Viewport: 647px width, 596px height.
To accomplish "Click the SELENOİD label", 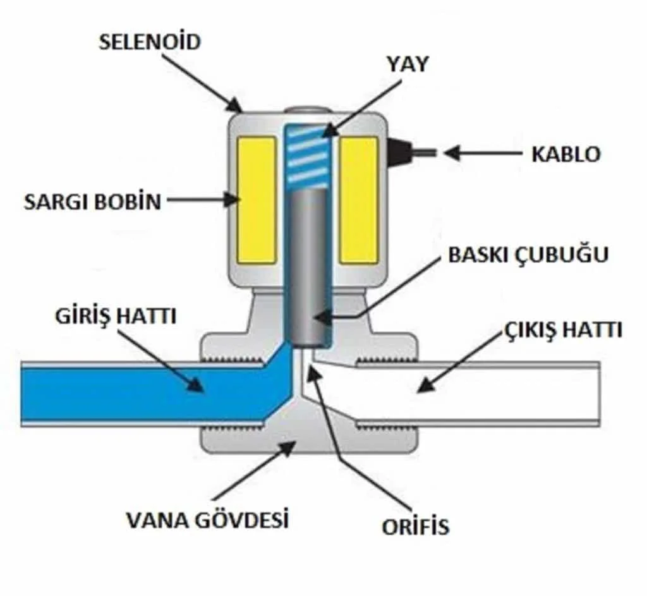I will (x=149, y=43).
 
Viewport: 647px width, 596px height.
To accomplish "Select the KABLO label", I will (x=565, y=154).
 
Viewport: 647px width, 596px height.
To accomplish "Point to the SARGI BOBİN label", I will (x=93, y=202).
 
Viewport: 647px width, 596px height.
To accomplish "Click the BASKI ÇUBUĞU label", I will (x=528, y=255).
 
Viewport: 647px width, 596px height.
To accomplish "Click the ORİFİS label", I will (x=415, y=526).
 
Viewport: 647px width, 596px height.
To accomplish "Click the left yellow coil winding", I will (x=257, y=200).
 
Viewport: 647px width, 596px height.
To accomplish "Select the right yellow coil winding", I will (x=358, y=200).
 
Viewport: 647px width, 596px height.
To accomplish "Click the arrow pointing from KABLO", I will (x=480, y=153).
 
